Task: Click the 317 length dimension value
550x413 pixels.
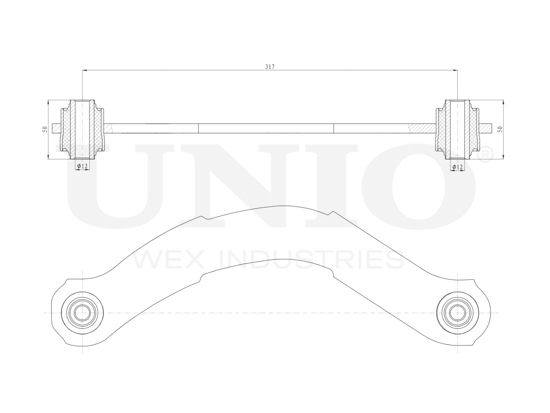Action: coord(270,67)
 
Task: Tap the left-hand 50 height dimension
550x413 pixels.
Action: coord(44,129)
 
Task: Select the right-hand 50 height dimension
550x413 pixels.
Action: coord(500,129)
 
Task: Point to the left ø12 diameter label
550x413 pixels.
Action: coord(82,166)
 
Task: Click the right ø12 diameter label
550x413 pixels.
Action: coord(458,166)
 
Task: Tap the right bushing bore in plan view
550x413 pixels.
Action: coord(458,312)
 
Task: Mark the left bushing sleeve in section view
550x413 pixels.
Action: coord(82,129)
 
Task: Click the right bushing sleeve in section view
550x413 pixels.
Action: coord(458,129)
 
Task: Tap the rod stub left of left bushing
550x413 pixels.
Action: coord(56,128)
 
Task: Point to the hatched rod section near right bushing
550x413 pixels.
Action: coord(423,128)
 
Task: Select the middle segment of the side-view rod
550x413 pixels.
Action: coord(266,128)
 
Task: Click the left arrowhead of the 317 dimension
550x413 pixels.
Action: coord(85,70)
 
